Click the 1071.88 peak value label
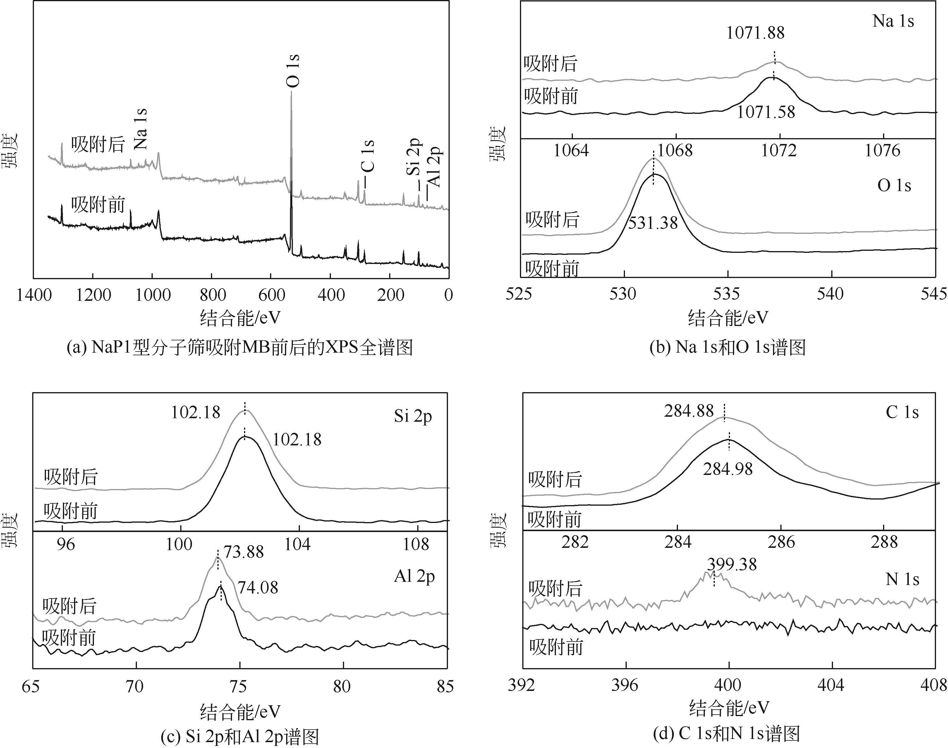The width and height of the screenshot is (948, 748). tap(755, 33)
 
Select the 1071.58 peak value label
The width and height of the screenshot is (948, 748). tap(766, 112)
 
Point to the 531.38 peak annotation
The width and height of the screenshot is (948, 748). tap(653, 223)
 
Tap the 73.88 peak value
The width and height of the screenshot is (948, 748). tap(244, 552)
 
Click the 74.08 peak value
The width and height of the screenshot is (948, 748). tap(258, 587)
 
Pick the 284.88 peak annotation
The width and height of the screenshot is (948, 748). tap(689, 411)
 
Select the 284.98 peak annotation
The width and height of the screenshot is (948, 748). tap(728, 469)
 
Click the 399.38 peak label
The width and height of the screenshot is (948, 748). tap(732, 565)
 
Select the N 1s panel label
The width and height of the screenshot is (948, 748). tap(902, 579)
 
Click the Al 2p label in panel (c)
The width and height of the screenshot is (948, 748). tap(414, 576)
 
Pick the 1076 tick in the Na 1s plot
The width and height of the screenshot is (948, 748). tap(883, 151)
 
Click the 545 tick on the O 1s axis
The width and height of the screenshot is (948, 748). tap(934, 294)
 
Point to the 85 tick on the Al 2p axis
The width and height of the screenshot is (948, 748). tap(445, 686)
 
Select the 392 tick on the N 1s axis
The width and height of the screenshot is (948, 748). tap(521, 685)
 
